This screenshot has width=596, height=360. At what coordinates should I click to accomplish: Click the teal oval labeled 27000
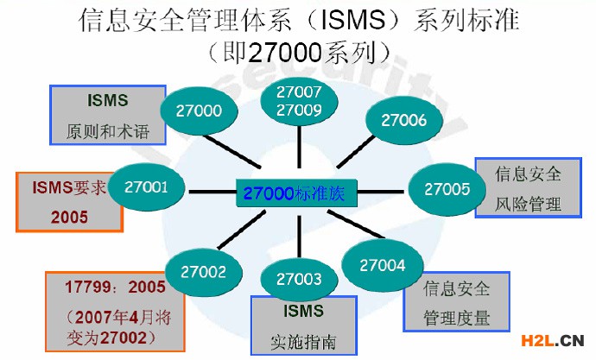pos(200,111)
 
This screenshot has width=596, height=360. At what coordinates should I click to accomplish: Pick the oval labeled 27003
pos(299,279)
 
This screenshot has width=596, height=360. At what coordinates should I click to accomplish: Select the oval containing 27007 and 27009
pos(299,100)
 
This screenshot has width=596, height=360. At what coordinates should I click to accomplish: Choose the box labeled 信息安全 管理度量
pos(456,301)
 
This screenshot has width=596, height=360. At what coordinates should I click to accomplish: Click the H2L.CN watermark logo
pos(549,338)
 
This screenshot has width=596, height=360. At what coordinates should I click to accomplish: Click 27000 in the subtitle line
pos(282,54)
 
